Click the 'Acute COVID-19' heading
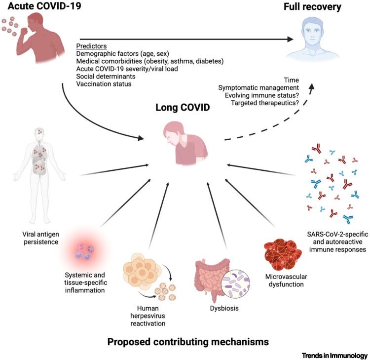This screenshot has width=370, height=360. [44, 6]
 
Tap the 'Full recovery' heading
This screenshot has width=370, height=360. [312, 6]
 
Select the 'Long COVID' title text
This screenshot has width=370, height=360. [183, 108]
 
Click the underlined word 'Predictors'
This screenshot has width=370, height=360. [91, 46]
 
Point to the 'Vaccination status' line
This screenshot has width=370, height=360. [104, 84]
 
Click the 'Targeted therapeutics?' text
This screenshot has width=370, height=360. [265, 103]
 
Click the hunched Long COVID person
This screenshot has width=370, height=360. [185, 143]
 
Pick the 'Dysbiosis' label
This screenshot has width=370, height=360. [224, 308]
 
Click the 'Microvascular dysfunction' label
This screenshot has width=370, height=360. [286, 280]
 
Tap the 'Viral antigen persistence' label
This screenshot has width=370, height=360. [41, 238]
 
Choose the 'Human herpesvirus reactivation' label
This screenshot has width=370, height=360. [148, 316]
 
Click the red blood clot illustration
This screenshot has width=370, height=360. [283, 254]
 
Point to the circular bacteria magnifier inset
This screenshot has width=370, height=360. [235, 283]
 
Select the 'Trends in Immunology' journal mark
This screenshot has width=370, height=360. [334, 355]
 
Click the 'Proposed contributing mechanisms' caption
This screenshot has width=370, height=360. [188, 342]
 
